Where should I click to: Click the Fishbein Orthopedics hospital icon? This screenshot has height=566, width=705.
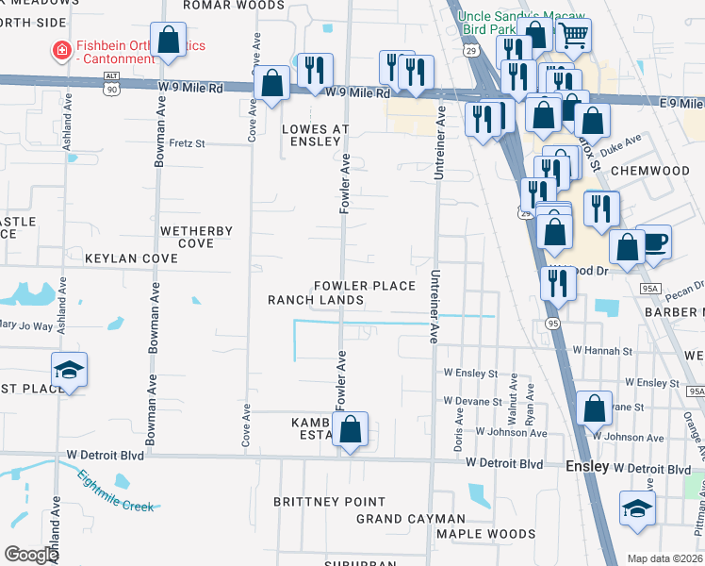tap(61, 50)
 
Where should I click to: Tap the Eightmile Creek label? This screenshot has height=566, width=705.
tap(115, 491)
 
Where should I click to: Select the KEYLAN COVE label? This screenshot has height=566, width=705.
tap(131, 258)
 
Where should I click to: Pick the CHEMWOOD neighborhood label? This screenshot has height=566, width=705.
tap(649, 171)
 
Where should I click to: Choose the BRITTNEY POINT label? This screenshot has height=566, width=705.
tap(329, 502)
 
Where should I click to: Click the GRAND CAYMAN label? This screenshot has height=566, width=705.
tap(410, 519)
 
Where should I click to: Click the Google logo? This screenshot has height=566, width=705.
tap(31, 555)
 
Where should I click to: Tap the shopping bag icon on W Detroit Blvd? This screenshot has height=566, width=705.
tap(350, 429)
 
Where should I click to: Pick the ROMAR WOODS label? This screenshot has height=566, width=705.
tap(221, 5)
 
